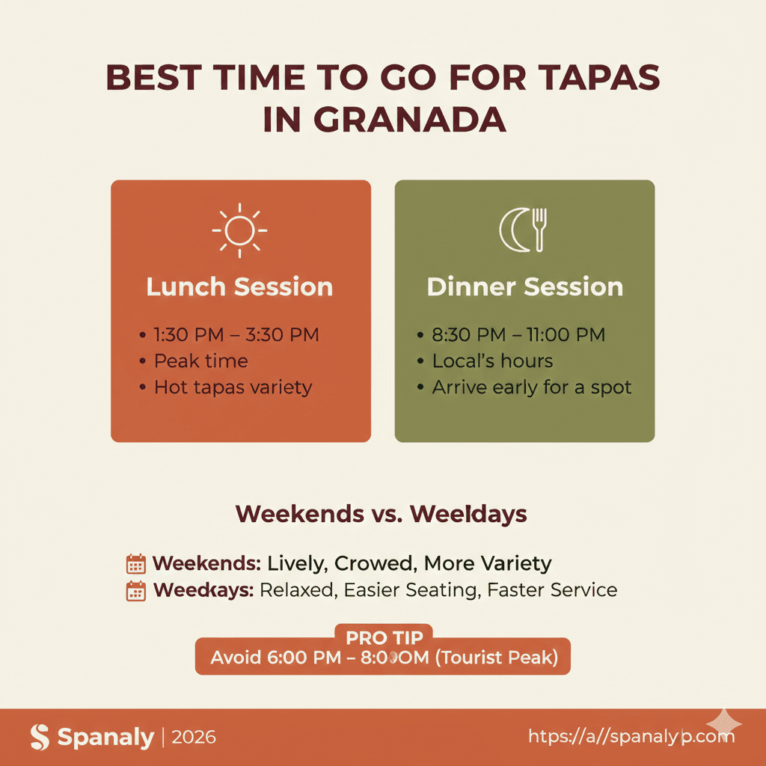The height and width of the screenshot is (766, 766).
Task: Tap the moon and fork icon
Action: [524, 229]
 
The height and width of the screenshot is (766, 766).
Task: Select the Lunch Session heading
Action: [240, 287]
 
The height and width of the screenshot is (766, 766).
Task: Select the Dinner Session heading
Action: [524, 287]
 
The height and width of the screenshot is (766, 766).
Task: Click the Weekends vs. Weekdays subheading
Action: [382, 515]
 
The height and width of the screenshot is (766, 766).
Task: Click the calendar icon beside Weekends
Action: [136, 564]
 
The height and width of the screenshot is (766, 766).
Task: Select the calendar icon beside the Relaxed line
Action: [136, 591]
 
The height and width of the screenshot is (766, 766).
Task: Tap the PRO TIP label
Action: [384, 638]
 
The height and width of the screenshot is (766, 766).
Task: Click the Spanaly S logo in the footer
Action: [40, 738]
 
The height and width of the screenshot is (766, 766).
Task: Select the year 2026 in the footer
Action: [194, 738]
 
